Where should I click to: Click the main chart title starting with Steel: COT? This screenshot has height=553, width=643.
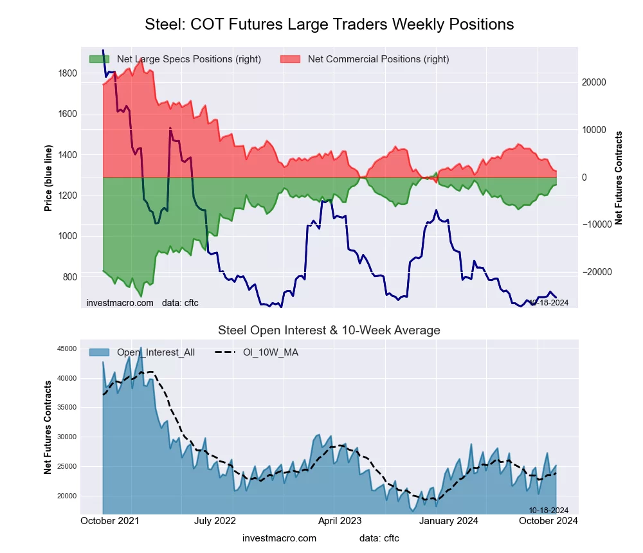[x=329, y=24]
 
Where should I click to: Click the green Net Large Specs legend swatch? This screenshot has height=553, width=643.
[x=99, y=59]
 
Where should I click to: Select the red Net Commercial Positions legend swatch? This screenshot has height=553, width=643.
[x=290, y=59]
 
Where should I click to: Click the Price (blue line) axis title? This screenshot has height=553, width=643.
[x=48, y=177]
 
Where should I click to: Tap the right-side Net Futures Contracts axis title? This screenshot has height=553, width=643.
[x=619, y=178]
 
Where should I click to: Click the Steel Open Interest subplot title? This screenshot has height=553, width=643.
[x=329, y=331]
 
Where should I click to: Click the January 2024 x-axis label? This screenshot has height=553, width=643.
[x=449, y=521]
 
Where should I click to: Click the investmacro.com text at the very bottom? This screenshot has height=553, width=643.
[x=279, y=538]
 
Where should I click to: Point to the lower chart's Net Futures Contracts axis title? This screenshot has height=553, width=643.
[x=48, y=428]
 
